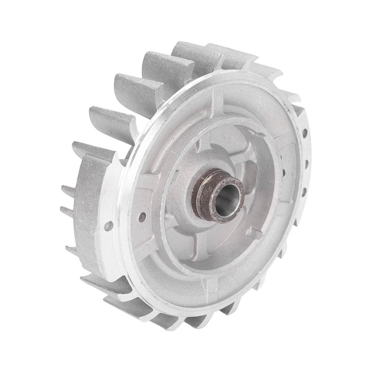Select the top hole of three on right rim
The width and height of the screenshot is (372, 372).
coord(304,132)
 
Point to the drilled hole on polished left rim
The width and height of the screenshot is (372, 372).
coord(108,226)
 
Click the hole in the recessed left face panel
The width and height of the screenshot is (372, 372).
coord(142,217)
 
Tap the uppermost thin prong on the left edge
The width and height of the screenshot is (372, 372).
coord(68,190)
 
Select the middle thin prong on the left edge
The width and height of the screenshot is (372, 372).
coord(66,211)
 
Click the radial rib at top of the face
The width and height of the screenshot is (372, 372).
coord(214,98)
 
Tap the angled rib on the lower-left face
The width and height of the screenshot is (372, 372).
coord(149,250)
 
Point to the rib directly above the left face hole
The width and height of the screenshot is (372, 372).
coord(143,182)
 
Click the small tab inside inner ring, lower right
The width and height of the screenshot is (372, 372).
coord(254,233)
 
